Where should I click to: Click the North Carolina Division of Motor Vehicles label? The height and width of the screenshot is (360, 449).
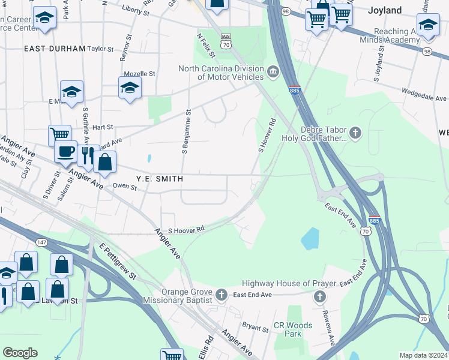[x=221, y=73]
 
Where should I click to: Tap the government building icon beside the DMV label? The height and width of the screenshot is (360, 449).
[x=273, y=73]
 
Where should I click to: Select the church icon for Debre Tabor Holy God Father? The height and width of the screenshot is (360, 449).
[x=355, y=133]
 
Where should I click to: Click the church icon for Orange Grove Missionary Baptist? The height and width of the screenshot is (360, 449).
[x=221, y=295]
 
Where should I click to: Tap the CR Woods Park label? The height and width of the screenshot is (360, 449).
[x=293, y=329]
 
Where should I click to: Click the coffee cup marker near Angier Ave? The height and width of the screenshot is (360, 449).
[x=65, y=151]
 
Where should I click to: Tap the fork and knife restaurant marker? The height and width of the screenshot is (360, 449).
[x=88, y=154]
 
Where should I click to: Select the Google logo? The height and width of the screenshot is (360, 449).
[x=20, y=353]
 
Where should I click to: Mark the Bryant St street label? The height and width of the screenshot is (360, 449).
[x=255, y=328]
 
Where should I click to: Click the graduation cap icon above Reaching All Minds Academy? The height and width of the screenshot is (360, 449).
[x=427, y=25]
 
